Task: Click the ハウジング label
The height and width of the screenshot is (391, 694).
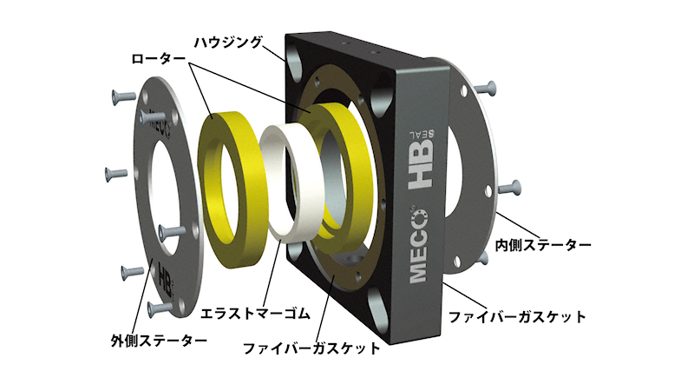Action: pos(228,43)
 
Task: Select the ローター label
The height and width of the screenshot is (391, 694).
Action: pos(158,58)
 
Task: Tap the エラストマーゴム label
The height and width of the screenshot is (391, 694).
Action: pos(255,314)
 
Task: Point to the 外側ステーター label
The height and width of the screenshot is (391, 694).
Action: pos(159,341)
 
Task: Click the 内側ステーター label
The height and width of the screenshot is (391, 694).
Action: pos(543,245)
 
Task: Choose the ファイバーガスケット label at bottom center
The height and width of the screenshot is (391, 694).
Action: pos(312,348)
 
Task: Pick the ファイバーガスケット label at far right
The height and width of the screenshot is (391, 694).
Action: pos(517,317)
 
